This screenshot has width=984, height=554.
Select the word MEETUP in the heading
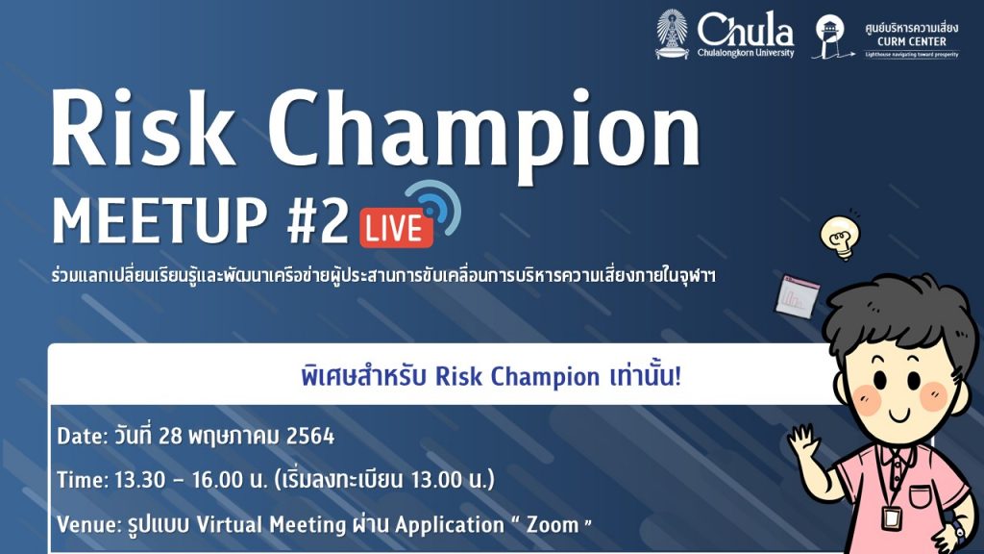[160, 220]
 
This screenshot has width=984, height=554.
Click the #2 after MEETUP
[317, 220]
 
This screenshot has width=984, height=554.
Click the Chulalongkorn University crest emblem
[672, 34]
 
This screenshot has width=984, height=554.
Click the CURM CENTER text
[912, 41]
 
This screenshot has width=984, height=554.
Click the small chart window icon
[797, 296]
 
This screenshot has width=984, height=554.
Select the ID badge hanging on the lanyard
[891, 518]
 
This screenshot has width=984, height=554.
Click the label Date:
[83, 437]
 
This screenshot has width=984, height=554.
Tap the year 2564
[310, 436]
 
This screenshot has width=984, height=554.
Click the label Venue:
[88, 524]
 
